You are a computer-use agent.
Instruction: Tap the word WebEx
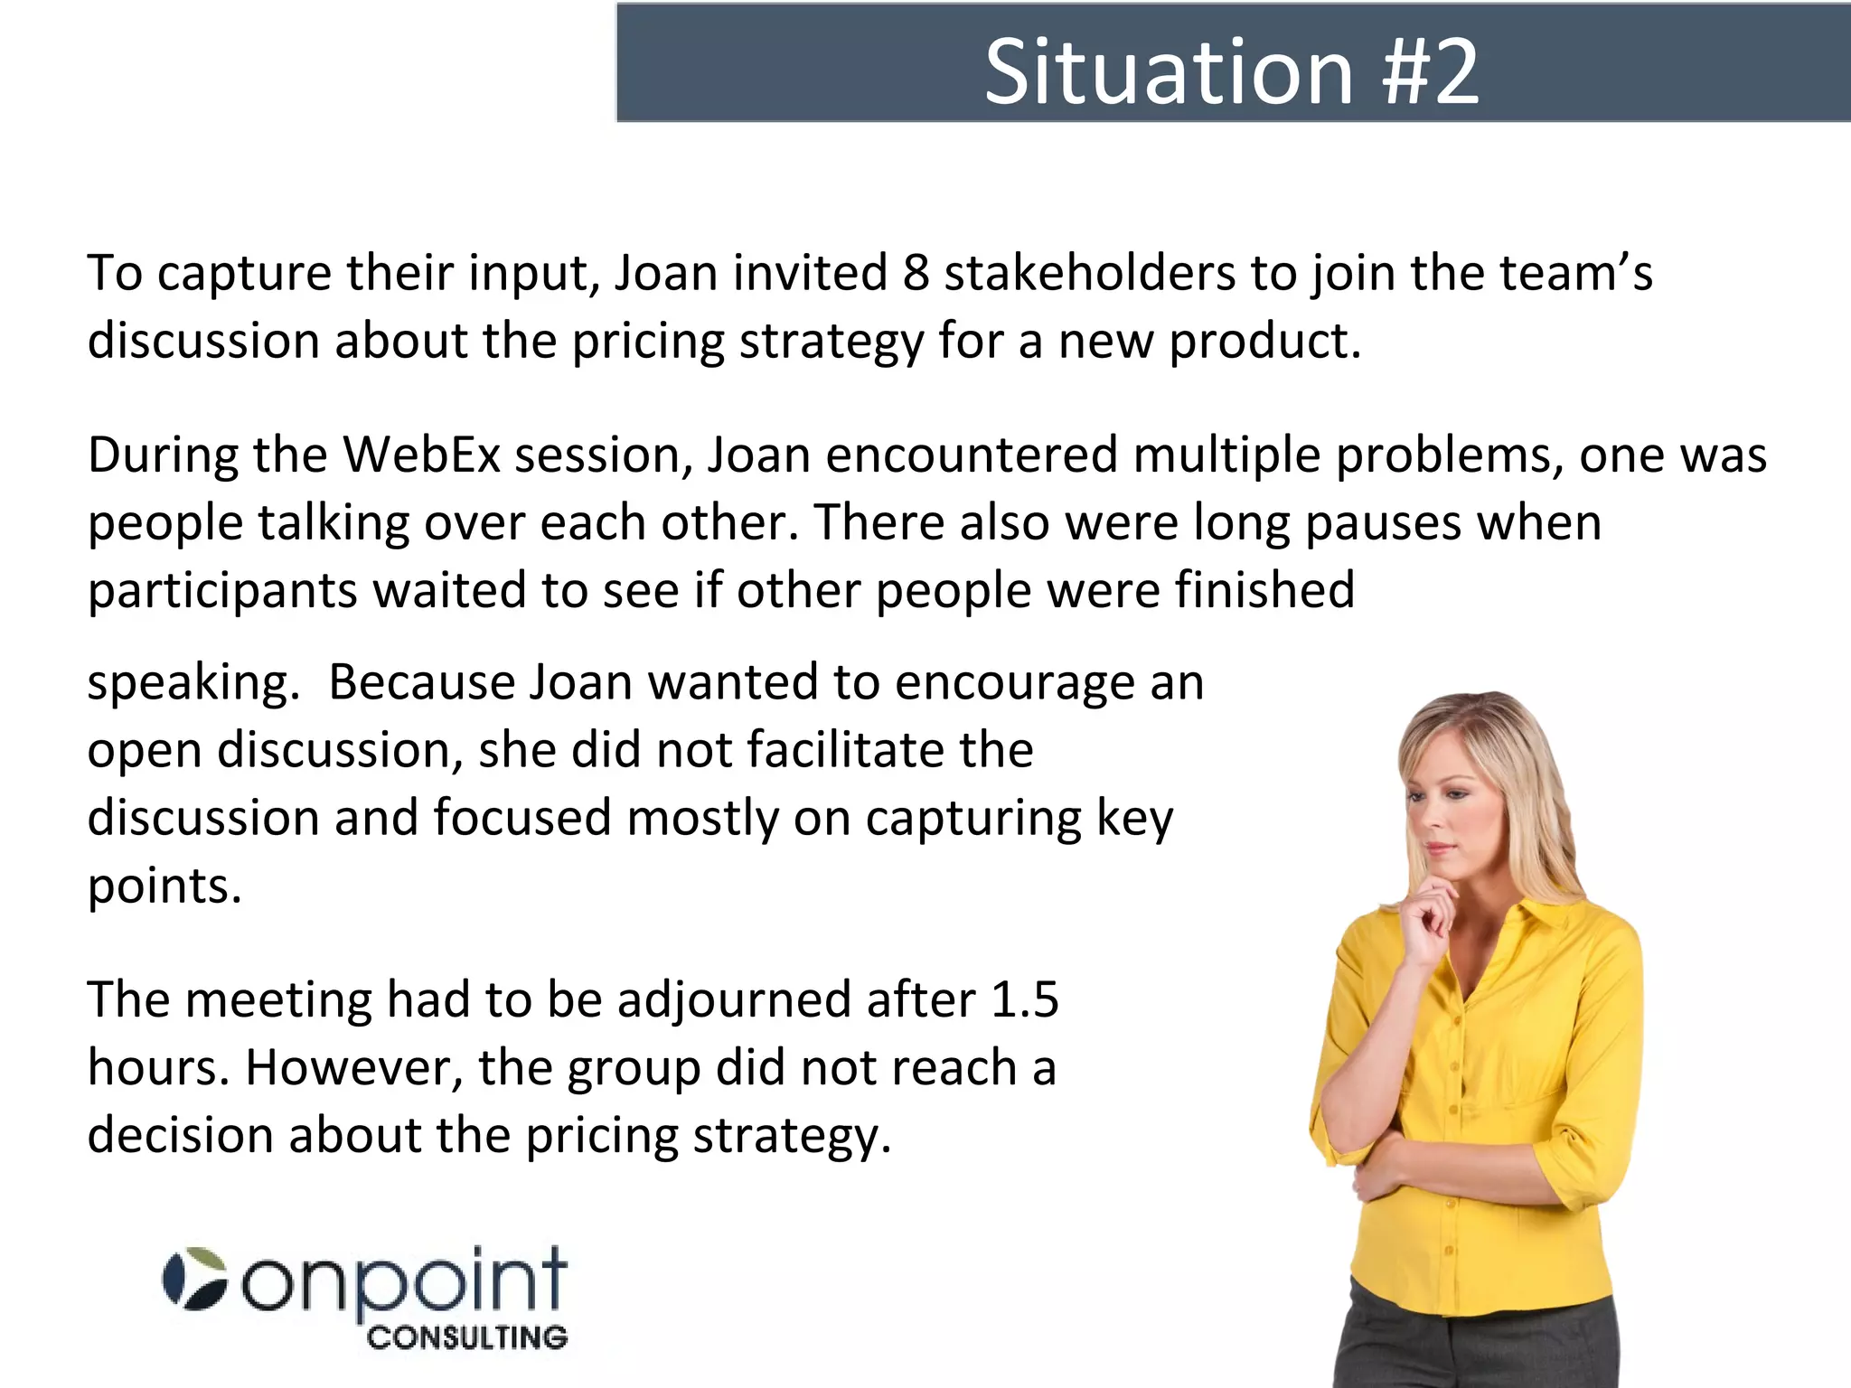point(421,454)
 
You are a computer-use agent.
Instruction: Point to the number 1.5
point(1024,999)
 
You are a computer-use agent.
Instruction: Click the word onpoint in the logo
point(404,1283)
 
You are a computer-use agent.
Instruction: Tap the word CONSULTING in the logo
point(467,1337)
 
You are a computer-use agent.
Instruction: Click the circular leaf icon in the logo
point(194,1279)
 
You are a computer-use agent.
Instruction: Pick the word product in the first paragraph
point(1264,342)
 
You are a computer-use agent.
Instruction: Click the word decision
point(180,1135)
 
